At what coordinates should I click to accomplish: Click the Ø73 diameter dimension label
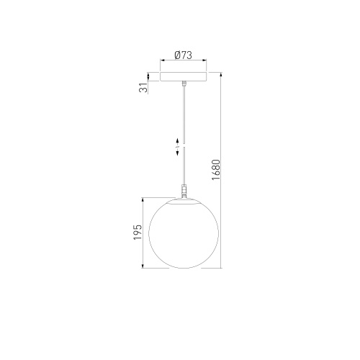pyautogui.click(x=184, y=55)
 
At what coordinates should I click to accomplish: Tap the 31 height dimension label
pyautogui.click(x=143, y=88)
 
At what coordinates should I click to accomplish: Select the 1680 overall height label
pyautogui.click(x=216, y=170)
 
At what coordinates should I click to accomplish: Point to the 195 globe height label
pyautogui.click(x=138, y=232)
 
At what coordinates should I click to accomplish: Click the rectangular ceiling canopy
pyautogui.click(x=184, y=76)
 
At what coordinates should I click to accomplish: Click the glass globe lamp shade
pyautogui.click(x=184, y=234)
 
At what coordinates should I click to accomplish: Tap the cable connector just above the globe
pyautogui.click(x=184, y=191)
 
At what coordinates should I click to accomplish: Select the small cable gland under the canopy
pyautogui.click(x=184, y=84)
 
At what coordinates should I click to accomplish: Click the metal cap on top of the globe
pyautogui.click(x=184, y=201)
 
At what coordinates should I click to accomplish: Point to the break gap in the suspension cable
pyautogui.click(x=184, y=145)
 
